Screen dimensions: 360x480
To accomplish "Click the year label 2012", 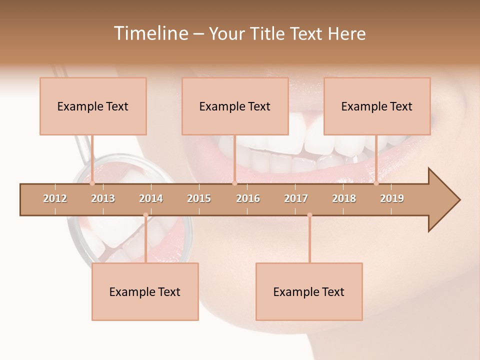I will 55,198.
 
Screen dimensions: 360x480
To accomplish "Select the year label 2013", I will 103,198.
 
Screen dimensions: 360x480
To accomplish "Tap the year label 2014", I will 151,198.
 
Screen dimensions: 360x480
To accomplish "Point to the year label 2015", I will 199,198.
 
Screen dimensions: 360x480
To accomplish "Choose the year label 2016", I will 248,198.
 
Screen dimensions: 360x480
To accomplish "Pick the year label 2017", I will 296,198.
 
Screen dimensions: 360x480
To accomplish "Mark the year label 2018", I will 344,198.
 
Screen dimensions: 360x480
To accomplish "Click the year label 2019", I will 392,198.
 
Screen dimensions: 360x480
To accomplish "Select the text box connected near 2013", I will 93,106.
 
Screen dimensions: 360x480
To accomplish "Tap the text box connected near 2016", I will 235,106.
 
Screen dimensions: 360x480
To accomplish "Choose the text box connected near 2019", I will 377,106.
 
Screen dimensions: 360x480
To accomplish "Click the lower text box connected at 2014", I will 145,291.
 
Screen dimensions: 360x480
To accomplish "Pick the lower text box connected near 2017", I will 309,291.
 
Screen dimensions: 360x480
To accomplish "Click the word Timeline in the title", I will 150,33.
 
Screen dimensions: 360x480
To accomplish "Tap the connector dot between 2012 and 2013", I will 92,183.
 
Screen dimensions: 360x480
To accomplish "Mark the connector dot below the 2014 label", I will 145,215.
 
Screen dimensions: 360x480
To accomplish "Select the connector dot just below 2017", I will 309,215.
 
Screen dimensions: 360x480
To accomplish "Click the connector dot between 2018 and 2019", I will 376,183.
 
